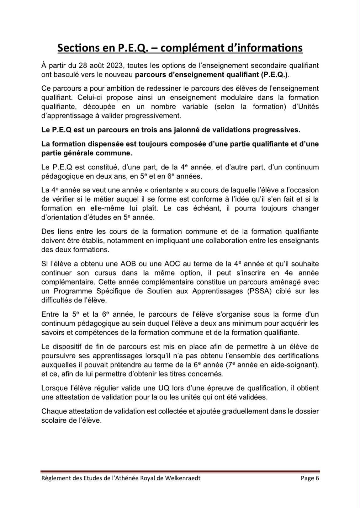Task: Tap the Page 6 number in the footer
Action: (x=310, y=478)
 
